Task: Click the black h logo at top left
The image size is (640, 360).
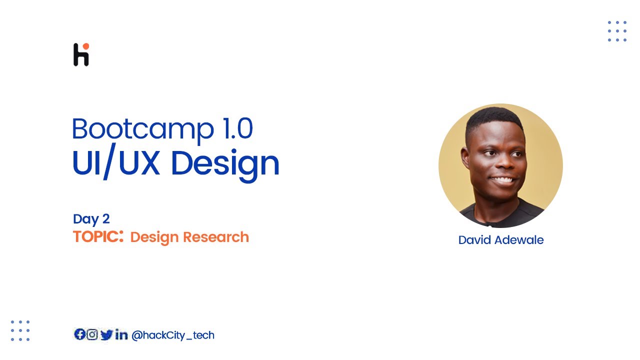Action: point(80,56)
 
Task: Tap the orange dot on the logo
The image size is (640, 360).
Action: point(85,46)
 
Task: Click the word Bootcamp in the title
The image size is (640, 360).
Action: point(136,129)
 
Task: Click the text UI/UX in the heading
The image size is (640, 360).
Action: point(115,163)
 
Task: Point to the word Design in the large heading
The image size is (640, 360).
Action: point(225,164)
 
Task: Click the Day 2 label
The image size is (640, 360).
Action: point(91,219)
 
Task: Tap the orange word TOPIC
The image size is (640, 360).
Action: point(96,237)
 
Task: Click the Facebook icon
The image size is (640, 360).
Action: point(79,334)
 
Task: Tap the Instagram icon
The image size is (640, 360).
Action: point(92,334)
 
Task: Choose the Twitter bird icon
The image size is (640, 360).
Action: point(106,335)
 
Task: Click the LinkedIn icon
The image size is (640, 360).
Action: point(121,335)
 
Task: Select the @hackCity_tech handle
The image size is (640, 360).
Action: point(172,335)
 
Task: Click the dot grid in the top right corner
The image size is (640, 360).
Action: point(617,31)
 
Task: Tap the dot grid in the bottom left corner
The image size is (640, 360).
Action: point(20,330)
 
